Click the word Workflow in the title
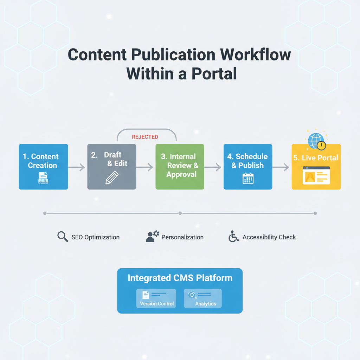[x=256, y=55]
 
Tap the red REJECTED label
[x=145, y=137]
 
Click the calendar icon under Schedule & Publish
[x=248, y=178]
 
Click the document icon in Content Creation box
[x=43, y=178]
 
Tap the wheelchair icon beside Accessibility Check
[x=233, y=237]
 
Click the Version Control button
[x=156, y=298]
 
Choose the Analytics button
[x=203, y=298]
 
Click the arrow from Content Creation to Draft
[x=77, y=167]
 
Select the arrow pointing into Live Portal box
[x=281, y=167]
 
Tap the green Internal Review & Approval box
[x=180, y=167]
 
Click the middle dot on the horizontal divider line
[x=180, y=213]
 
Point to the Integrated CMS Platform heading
[x=180, y=278]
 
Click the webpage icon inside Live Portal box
[x=316, y=175]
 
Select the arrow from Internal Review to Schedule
[x=213, y=167]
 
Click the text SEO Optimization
[x=95, y=237]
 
